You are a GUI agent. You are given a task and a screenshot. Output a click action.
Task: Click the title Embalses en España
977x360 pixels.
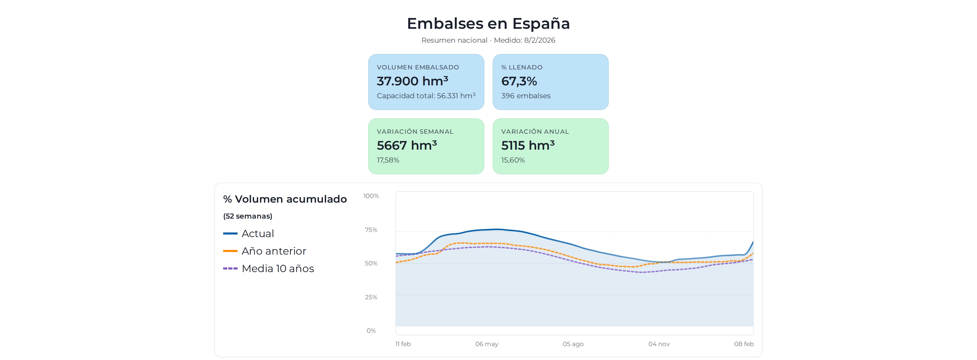point(488,23)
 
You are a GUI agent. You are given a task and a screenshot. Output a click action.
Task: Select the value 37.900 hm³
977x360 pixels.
point(412,81)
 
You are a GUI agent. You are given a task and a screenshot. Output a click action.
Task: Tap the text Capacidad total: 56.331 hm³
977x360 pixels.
point(426,96)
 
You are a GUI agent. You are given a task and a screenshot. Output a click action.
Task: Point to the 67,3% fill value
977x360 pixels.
point(519,81)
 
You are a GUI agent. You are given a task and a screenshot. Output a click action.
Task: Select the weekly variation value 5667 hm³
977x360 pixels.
point(406,145)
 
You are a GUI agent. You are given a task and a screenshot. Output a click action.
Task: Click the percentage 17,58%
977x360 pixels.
point(388,160)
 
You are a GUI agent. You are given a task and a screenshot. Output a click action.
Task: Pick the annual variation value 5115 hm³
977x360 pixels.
point(528,145)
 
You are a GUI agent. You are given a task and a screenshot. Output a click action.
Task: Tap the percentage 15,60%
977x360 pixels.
point(513,160)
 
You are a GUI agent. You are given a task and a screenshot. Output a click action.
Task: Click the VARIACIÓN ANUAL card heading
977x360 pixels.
point(535,132)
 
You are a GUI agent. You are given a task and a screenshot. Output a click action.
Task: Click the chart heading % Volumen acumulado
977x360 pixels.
point(285,199)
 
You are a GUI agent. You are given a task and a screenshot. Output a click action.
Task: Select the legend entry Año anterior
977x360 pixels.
point(274,251)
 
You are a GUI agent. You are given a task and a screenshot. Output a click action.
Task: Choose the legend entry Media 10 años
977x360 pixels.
point(278,268)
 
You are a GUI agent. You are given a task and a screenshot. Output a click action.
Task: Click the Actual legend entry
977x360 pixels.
point(258,234)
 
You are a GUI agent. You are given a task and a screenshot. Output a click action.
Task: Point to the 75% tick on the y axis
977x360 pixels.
point(371,230)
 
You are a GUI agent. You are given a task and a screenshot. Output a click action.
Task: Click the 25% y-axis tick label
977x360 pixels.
point(371,297)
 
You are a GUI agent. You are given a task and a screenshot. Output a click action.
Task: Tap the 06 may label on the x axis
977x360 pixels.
point(487,344)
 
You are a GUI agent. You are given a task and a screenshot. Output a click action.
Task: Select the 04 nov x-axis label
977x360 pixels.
point(659,344)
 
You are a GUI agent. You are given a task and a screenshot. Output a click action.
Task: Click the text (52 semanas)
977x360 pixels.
point(248,216)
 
